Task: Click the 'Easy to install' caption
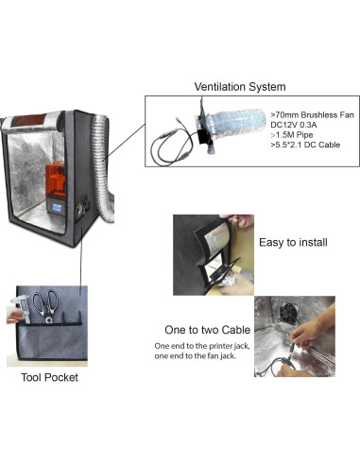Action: click(x=293, y=242)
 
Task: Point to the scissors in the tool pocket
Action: click(x=43, y=308)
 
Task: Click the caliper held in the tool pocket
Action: click(x=22, y=310)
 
